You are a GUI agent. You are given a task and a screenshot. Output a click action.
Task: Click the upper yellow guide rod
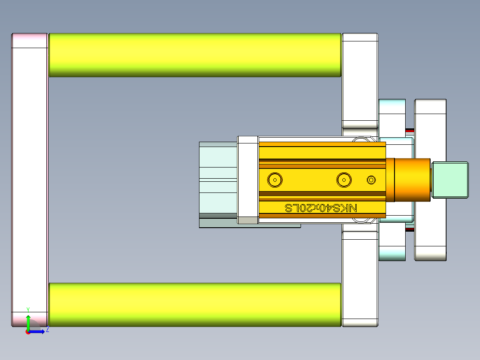coord(195,55)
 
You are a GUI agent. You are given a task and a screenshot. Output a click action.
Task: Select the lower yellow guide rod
coord(195,304)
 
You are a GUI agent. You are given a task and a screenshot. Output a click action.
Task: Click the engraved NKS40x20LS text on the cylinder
coord(321,208)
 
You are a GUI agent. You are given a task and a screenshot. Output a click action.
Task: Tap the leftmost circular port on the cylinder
coord(275,180)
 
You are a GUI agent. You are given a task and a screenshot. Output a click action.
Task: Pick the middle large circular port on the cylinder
coord(344,180)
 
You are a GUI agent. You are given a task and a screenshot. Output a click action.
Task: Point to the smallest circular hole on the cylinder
coord(371,180)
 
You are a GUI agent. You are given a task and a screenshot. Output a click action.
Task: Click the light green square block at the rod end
coord(451,180)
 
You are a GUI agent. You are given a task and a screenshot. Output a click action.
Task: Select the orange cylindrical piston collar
coord(412,180)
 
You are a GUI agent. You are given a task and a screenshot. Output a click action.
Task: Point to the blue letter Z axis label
coord(47,330)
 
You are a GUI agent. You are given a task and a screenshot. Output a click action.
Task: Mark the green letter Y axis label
coord(28,309)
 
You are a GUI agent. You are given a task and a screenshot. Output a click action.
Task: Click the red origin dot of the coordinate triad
coord(28,332)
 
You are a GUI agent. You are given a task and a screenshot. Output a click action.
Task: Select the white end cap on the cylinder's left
coord(248,180)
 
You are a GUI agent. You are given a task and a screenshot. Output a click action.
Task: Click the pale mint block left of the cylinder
coord(218,178)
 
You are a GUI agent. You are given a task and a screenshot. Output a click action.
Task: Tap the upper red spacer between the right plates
coord(410,130)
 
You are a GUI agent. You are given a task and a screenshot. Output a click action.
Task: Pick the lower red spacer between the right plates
coord(410,229)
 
